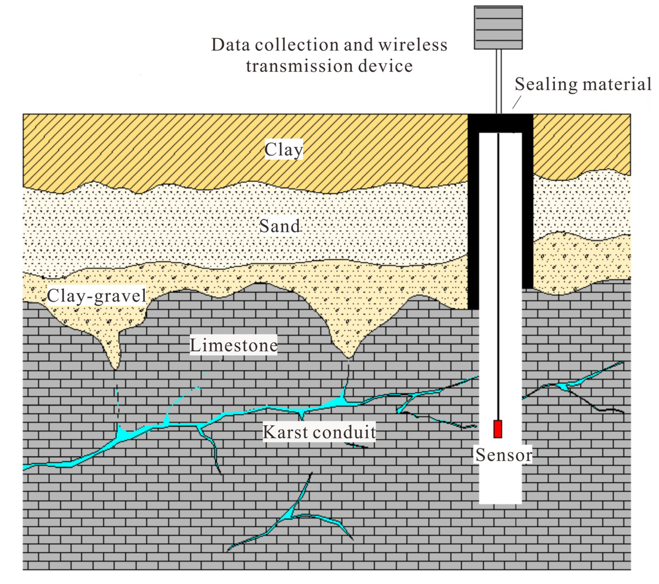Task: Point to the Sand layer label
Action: point(280,226)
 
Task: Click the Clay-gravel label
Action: point(97,296)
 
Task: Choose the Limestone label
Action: point(234,345)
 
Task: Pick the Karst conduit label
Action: point(319,432)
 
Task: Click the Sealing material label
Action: point(583,85)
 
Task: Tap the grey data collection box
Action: point(498,28)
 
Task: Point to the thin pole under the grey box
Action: point(499,81)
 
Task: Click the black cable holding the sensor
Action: point(498,274)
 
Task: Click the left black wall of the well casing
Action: point(473,219)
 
